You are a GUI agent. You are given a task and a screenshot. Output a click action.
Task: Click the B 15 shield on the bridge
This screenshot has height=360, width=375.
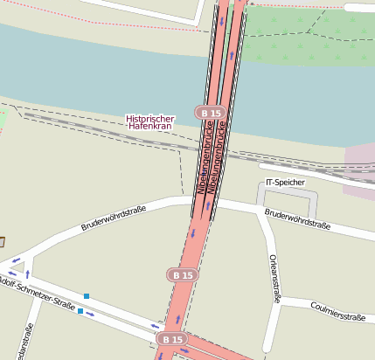(x=212, y=113)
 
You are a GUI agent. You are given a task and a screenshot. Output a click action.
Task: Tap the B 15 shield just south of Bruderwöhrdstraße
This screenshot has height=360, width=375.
(x=183, y=274)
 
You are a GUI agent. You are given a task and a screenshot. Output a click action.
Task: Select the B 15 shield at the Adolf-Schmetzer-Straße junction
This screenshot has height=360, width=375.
(x=172, y=339)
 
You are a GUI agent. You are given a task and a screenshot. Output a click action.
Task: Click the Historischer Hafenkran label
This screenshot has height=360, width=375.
(x=150, y=122)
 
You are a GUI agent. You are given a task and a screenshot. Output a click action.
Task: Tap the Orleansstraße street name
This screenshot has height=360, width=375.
(x=274, y=279)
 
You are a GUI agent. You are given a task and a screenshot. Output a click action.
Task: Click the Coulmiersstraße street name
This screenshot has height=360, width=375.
(x=337, y=311)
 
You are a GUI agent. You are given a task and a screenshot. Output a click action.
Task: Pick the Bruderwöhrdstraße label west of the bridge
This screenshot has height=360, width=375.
(x=113, y=218)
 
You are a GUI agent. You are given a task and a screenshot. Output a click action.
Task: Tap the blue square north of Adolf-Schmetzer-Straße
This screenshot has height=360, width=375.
(x=87, y=295)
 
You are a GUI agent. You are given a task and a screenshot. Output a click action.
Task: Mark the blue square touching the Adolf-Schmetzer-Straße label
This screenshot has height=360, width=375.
(x=80, y=311)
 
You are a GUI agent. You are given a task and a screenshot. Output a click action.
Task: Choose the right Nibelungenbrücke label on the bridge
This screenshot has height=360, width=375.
(x=222, y=157)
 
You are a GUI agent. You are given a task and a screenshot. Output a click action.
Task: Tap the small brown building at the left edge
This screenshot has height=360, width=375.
(x=2, y=241)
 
